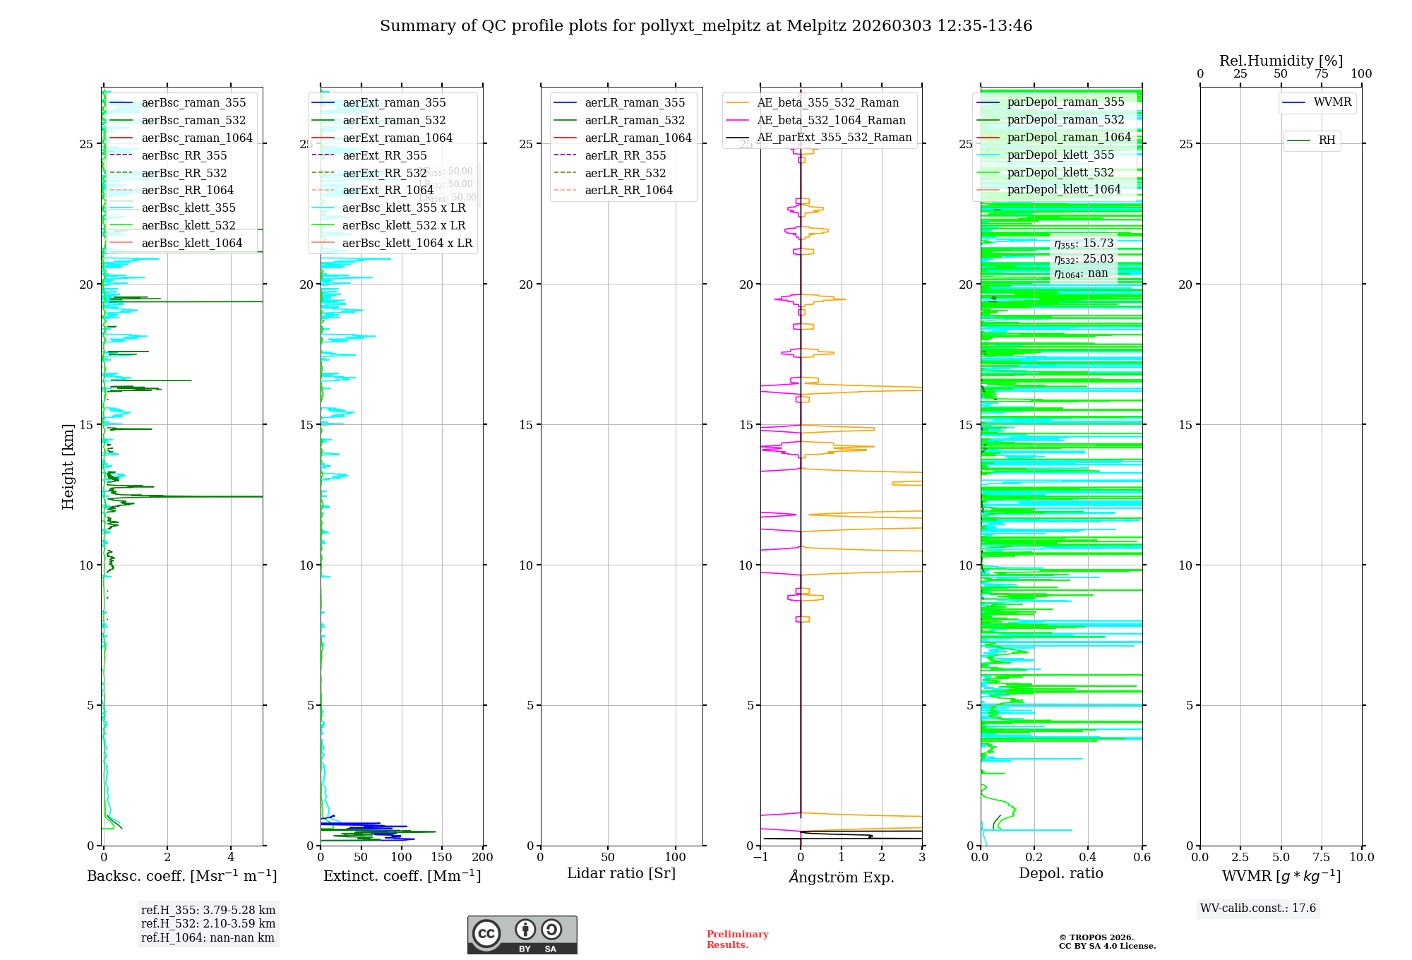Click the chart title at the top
click(706, 26)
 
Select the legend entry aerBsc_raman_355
click(193, 103)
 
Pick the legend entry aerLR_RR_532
click(625, 174)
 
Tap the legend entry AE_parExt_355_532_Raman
click(834, 138)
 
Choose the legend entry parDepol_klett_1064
click(1063, 190)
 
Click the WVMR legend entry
click(1332, 102)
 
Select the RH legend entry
click(1327, 140)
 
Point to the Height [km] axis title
click(68, 467)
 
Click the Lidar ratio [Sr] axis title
click(621, 874)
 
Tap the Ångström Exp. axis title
click(842, 877)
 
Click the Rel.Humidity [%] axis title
click(1281, 61)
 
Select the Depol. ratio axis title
click(1060, 874)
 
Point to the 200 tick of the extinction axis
click(483, 858)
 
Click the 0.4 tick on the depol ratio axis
click(1088, 858)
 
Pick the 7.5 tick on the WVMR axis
click(1322, 858)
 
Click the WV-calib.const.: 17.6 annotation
click(1258, 908)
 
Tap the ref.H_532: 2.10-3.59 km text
click(208, 924)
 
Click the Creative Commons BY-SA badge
click(522, 935)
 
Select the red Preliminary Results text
click(737, 940)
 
